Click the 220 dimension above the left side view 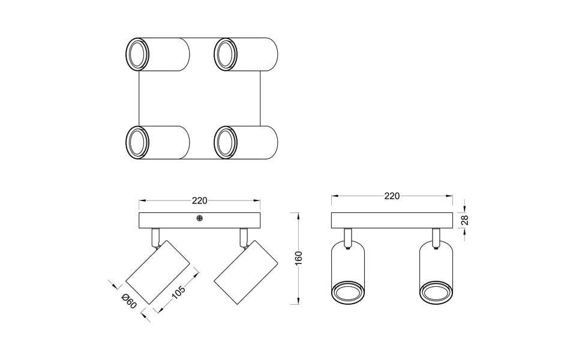[x=199, y=200]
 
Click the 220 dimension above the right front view [x=392, y=196]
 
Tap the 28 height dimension [x=464, y=220]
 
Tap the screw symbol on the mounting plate [x=199, y=220]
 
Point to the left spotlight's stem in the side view [x=156, y=236]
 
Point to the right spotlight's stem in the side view [x=244, y=236]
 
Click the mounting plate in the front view [x=392, y=220]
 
